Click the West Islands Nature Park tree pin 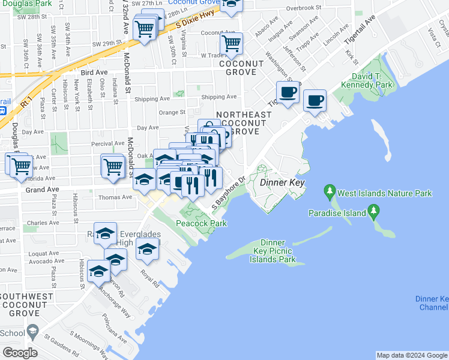coord(330,193)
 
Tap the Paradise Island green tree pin coord(375,212)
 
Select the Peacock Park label coord(201,224)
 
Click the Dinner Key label coord(283,183)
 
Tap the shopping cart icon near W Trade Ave coord(231,43)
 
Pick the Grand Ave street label coord(42,189)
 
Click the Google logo coord(19,353)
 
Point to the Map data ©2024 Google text coord(412,355)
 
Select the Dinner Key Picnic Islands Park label coord(270,251)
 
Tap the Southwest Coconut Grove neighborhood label coord(29,304)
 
